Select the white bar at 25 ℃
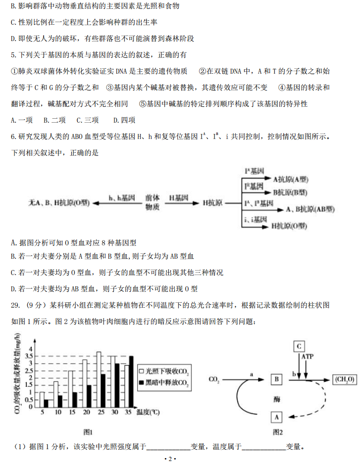99,379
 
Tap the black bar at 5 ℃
46,403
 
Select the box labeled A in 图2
277,418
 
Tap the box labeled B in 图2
277,379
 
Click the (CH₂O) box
344,379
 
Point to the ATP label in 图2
308,356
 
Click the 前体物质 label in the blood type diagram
153,203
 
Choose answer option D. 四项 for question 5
124,120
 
